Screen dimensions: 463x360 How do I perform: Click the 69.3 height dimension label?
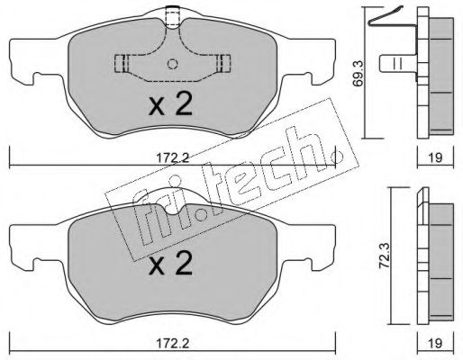pyautogui.click(x=359, y=73)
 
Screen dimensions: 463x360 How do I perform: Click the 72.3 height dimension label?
pyautogui.click(x=384, y=256)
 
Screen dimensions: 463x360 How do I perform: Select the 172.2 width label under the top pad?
pyautogui.click(x=173, y=157)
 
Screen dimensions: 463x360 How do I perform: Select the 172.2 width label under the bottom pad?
pyautogui.click(x=173, y=343)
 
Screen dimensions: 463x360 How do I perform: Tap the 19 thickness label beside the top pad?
pyautogui.click(x=435, y=157)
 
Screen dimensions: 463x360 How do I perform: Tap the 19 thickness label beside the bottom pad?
pyautogui.click(x=435, y=343)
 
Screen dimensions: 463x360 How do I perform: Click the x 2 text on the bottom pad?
pyautogui.click(x=170, y=263)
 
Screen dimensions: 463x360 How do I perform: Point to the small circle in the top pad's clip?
pyautogui.click(x=172, y=64)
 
